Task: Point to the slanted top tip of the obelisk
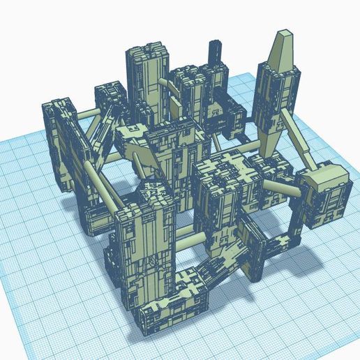tap(285, 36)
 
